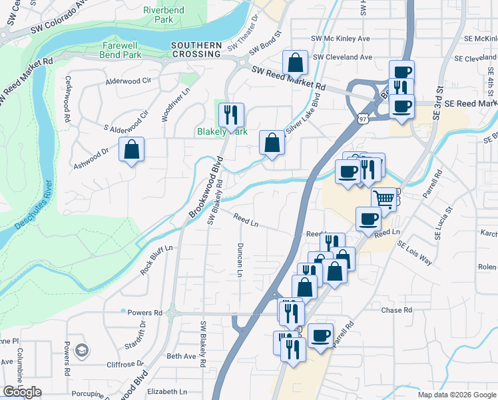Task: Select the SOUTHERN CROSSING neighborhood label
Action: pyautogui.click(x=196, y=50)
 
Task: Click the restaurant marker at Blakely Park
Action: pyautogui.click(x=230, y=115)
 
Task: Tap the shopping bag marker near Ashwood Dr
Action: pyautogui.click(x=132, y=150)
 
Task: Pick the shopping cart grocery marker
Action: pyautogui.click(x=383, y=198)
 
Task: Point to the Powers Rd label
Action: pyautogui.click(x=145, y=312)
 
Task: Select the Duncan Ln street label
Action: pyautogui.click(x=239, y=259)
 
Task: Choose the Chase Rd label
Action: pyautogui.click(x=397, y=310)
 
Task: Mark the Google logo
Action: pyautogui.click(x=22, y=392)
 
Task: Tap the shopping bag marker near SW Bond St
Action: pyautogui.click(x=295, y=63)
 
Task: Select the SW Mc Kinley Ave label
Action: pyautogui.click(x=341, y=39)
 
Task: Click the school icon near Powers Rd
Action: pyautogui.click(x=81, y=350)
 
